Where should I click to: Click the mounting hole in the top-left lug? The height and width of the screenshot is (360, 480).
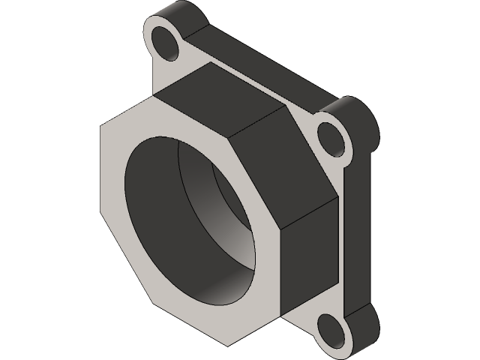(x=167, y=42)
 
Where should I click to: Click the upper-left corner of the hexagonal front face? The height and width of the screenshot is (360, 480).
(x=100, y=128)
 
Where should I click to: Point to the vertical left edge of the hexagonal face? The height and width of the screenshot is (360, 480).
(x=100, y=172)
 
